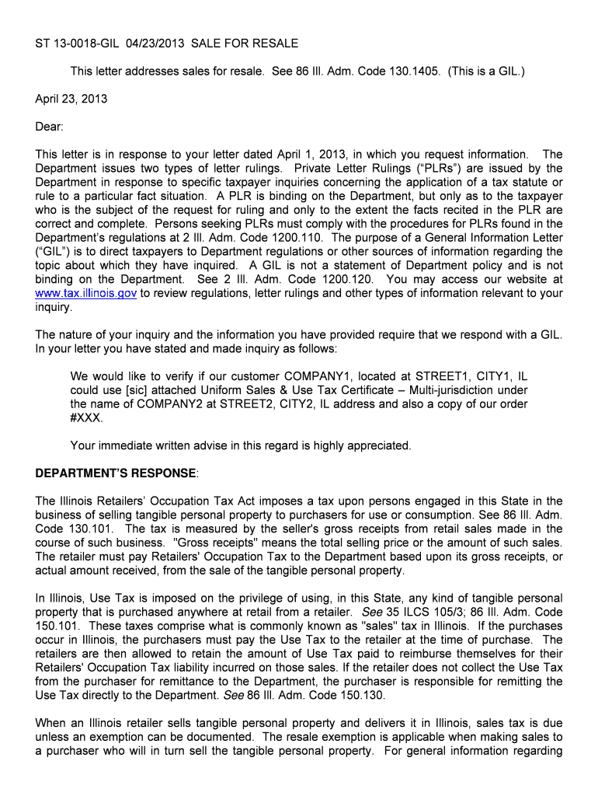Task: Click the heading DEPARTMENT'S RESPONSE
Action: [116, 473]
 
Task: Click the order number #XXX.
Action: [85, 418]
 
